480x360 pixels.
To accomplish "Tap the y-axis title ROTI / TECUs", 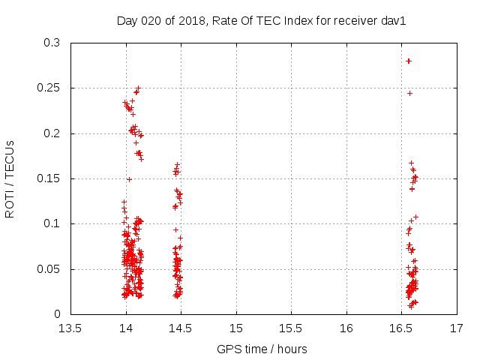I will (x=10, y=178).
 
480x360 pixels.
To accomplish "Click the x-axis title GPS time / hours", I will (x=262, y=349).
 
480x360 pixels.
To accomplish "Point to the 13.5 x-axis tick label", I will (x=70, y=328).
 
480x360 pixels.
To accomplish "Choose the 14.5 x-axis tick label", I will (x=181, y=328).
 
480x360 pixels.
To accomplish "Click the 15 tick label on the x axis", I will (x=236, y=328).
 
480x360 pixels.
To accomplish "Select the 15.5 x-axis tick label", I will (x=291, y=328).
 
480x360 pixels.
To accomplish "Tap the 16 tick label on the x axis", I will (x=346, y=328).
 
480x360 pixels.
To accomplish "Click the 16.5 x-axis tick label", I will (x=401, y=328).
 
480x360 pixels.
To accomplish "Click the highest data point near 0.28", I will (x=409, y=61).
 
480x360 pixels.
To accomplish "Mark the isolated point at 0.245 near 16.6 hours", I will (x=409, y=93).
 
